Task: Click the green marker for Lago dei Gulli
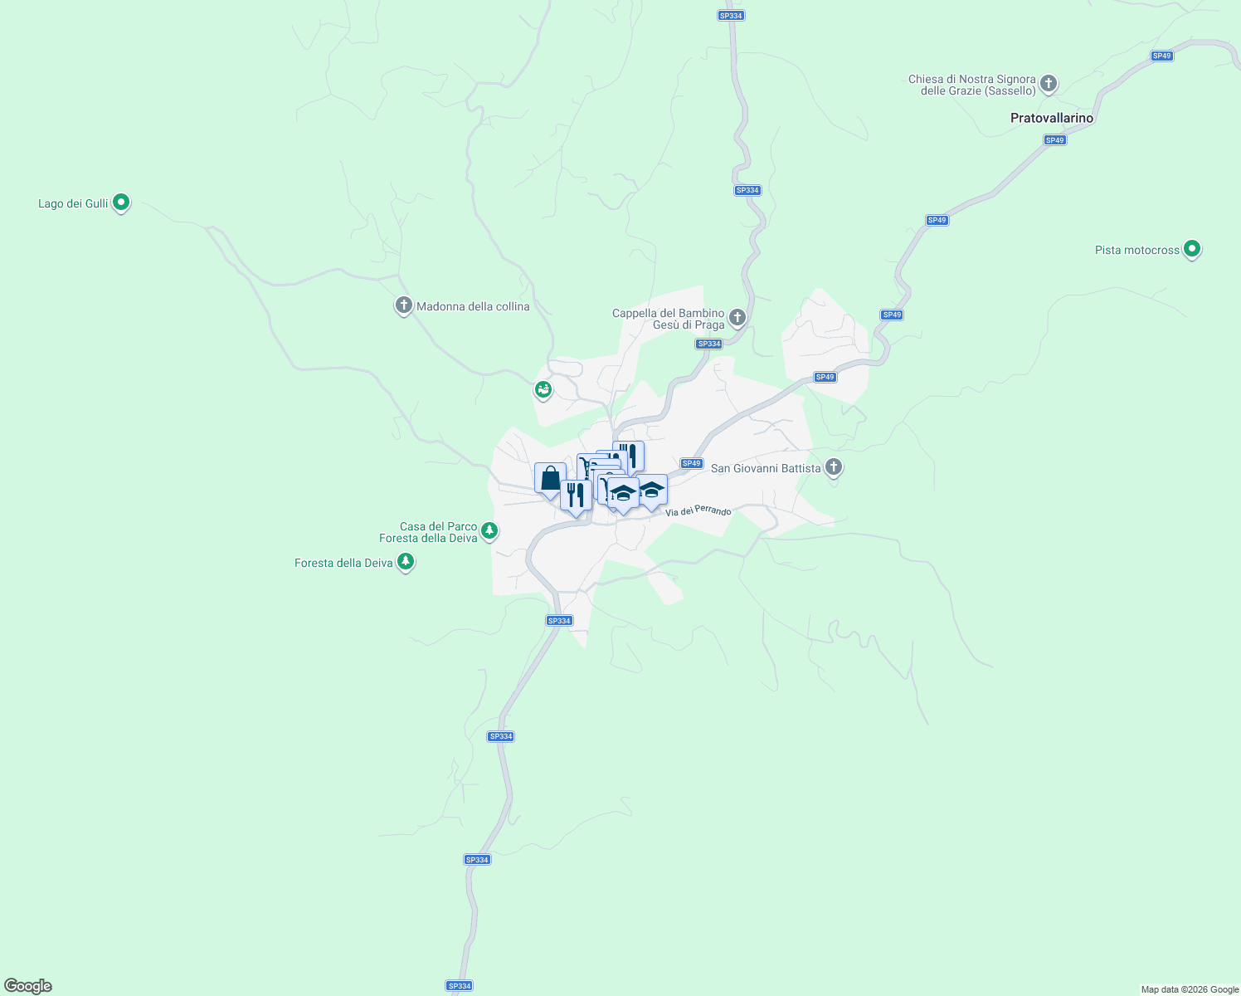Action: click(121, 202)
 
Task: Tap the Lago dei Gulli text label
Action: click(73, 203)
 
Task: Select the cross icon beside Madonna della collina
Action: click(403, 306)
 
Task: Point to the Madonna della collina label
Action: click(473, 306)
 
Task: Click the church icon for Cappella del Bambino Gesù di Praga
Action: click(737, 318)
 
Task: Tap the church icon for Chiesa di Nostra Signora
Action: click(1049, 83)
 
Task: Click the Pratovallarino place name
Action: click(1052, 118)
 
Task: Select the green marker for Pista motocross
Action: click(1191, 248)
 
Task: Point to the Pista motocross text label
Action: click(1136, 250)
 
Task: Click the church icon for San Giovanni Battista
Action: click(834, 467)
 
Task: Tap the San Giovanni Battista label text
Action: click(766, 468)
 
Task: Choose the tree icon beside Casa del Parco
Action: click(489, 530)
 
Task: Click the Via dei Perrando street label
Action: click(698, 510)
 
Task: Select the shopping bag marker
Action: click(550, 479)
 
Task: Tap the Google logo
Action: click(28, 986)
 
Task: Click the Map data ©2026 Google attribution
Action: click(1190, 989)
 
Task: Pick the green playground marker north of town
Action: click(543, 388)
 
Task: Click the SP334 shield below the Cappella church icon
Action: click(708, 344)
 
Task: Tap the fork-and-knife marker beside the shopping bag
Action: click(576, 496)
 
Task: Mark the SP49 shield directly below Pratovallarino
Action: click(1054, 140)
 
